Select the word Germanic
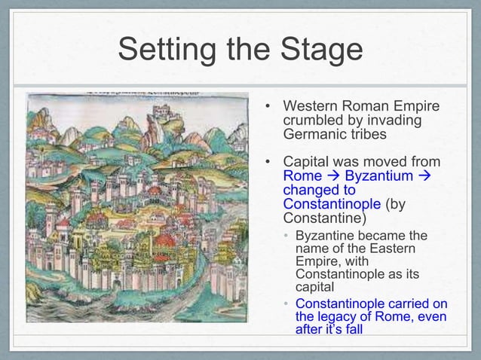click(x=317, y=136)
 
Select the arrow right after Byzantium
click(x=424, y=176)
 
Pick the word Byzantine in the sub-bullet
click(x=328, y=235)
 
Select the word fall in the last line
click(x=377, y=330)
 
